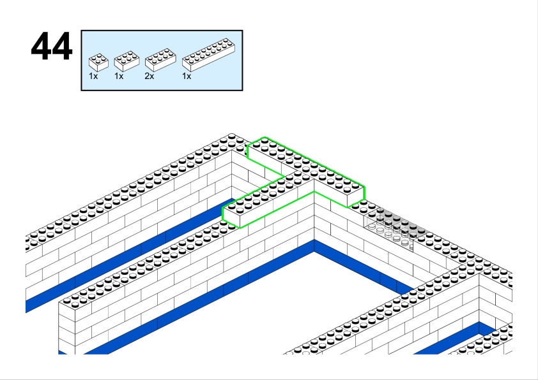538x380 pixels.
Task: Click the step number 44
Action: (52, 46)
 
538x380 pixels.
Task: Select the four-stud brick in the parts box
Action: (98, 62)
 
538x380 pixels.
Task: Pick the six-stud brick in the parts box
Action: (127, 61)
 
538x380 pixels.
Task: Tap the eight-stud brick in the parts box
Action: (160, 59)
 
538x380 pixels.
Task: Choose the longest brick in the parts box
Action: (208, 55)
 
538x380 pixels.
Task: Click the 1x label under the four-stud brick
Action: (93, 77)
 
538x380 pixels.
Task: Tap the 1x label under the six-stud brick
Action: (119, 77)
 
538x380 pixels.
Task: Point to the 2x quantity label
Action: (150, 77)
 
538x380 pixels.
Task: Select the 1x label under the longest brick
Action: (187, 77)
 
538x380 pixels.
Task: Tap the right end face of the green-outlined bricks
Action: (356, 197)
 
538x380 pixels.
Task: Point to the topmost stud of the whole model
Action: (231, 136)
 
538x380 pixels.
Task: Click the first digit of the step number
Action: (41, 46)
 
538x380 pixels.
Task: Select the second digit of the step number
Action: (63, 46)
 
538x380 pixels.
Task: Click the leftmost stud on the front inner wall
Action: (66, 302)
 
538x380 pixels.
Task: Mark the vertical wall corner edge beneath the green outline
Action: (314, 216)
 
